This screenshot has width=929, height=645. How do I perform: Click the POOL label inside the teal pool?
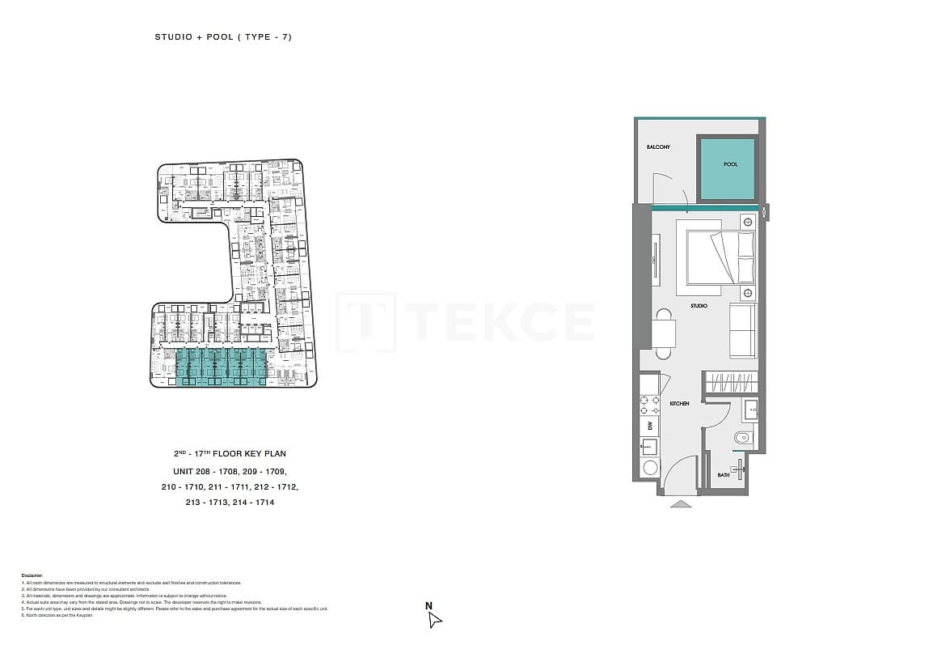[730, 164]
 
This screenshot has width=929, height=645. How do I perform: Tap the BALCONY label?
[657, 147]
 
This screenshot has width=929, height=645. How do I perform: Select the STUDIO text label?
[699, 306]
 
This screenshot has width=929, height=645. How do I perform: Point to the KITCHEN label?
[679, 403]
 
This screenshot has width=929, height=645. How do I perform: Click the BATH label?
[723, 475]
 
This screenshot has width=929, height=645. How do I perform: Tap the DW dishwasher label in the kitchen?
[648, 425]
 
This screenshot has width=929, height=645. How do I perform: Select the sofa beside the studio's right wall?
[741, 330]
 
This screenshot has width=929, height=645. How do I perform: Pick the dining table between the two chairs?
[663, 333]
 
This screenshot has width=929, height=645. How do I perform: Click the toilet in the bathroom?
[743, 438]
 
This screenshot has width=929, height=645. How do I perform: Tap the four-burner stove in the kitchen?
[648, 405]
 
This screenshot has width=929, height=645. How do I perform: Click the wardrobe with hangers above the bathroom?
[730, 382]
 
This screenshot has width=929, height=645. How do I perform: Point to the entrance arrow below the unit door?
[681, 503]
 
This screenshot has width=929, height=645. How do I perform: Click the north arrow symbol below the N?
[434, 620]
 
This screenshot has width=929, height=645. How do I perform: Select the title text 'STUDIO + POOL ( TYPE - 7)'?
[222, 37]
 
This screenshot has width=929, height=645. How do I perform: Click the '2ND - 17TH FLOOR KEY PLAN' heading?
[229, 454]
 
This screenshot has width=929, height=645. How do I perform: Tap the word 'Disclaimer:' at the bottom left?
[32, 575]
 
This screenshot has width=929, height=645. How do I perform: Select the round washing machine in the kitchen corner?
[648, 468]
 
